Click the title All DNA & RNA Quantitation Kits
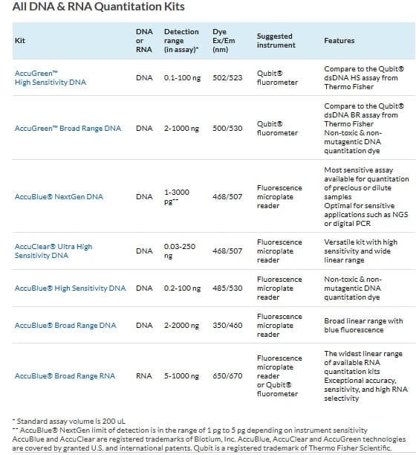98,7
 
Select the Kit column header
20,40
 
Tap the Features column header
339,40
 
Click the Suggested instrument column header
276,41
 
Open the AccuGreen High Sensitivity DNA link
51,78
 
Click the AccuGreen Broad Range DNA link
68,129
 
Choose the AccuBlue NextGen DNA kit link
59,197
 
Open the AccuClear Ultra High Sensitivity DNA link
53,251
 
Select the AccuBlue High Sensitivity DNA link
70,288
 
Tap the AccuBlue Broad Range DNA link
65,326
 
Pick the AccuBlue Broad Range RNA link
65,375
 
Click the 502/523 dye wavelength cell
227,78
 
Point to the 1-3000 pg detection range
177,197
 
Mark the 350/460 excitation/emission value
227,326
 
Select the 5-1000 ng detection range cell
181,375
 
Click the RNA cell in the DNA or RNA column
144,375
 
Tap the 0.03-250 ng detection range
180,251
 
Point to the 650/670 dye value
227,375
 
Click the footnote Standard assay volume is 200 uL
69,421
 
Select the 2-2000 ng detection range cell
181,326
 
